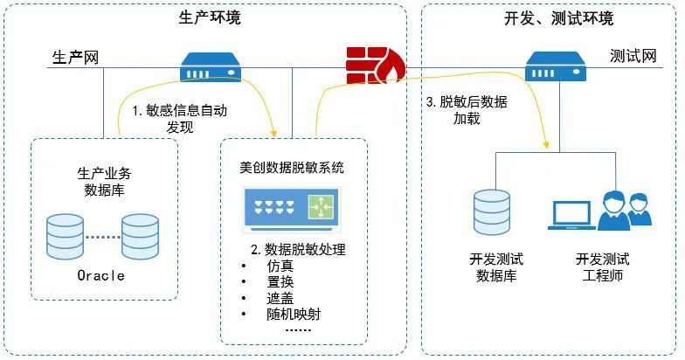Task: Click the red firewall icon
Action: (376, 66)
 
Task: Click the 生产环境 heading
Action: (210, 17)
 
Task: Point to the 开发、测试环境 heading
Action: (559, 18)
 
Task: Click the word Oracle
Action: (101, 275)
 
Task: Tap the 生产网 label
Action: (75, 58)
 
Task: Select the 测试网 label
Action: (633, 56)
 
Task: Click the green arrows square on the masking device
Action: (322, 206)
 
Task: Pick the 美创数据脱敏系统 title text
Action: (292, 168)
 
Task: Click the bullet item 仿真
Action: (280, 266)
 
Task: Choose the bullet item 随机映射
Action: (294, 315)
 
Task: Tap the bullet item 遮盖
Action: (280, 298)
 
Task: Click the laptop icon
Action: (571, 215)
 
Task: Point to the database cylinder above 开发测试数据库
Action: (492, 213)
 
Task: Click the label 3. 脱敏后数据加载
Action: (467, 110)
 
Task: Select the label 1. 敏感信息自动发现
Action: (180, 119)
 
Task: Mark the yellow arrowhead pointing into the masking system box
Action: (274, 131)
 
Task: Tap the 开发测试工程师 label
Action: (603, 267)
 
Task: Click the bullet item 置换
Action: (280, 281)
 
